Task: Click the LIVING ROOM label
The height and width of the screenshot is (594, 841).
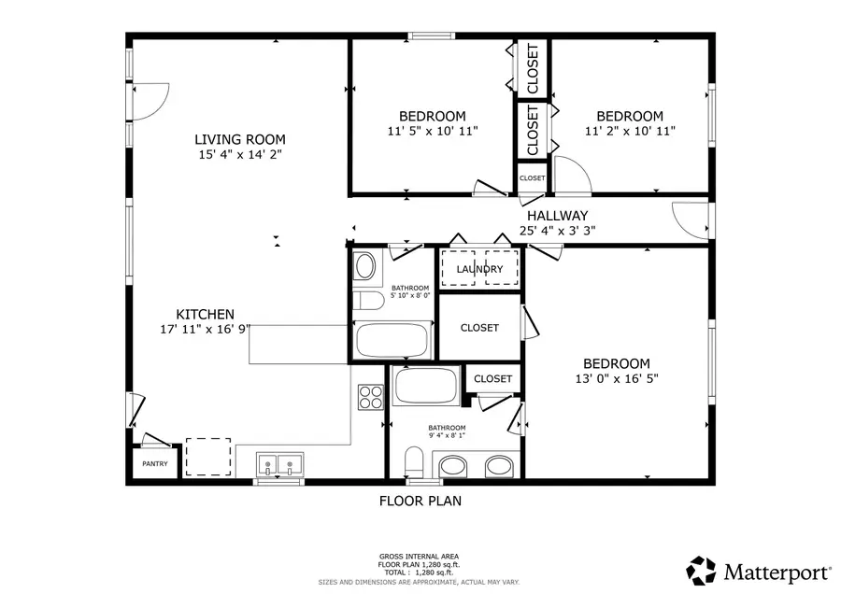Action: pyautogui.click(x=240, y=139)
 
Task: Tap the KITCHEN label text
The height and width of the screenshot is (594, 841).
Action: pyautogui.click(x=206, y=314)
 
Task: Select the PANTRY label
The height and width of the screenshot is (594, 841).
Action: pyautogui.click(x=154, y=463)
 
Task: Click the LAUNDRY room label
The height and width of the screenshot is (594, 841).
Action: pyautogui.click(x=479, y=269)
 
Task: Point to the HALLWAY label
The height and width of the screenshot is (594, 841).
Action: pyautogui.click(x=557, y=215)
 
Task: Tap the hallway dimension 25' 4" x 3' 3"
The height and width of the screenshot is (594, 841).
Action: pyautogui.click(x=557, y=231)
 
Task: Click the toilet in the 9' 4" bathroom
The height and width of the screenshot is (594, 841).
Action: pyautogui.click(x=415, y=461)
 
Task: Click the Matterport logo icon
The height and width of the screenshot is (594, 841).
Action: pyautogui.click(x=701, y=569)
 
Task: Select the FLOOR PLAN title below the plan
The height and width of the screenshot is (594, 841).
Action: pyautogui.click(x=420, y=501)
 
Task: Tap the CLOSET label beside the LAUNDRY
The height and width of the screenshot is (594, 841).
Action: pyautogui.click(x=479, y=328)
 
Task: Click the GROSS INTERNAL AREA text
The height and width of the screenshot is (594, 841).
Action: pyautogui.click(x=419, y=557)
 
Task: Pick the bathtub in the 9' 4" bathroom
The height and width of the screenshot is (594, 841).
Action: pyautogui.click(x=425, y=385)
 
